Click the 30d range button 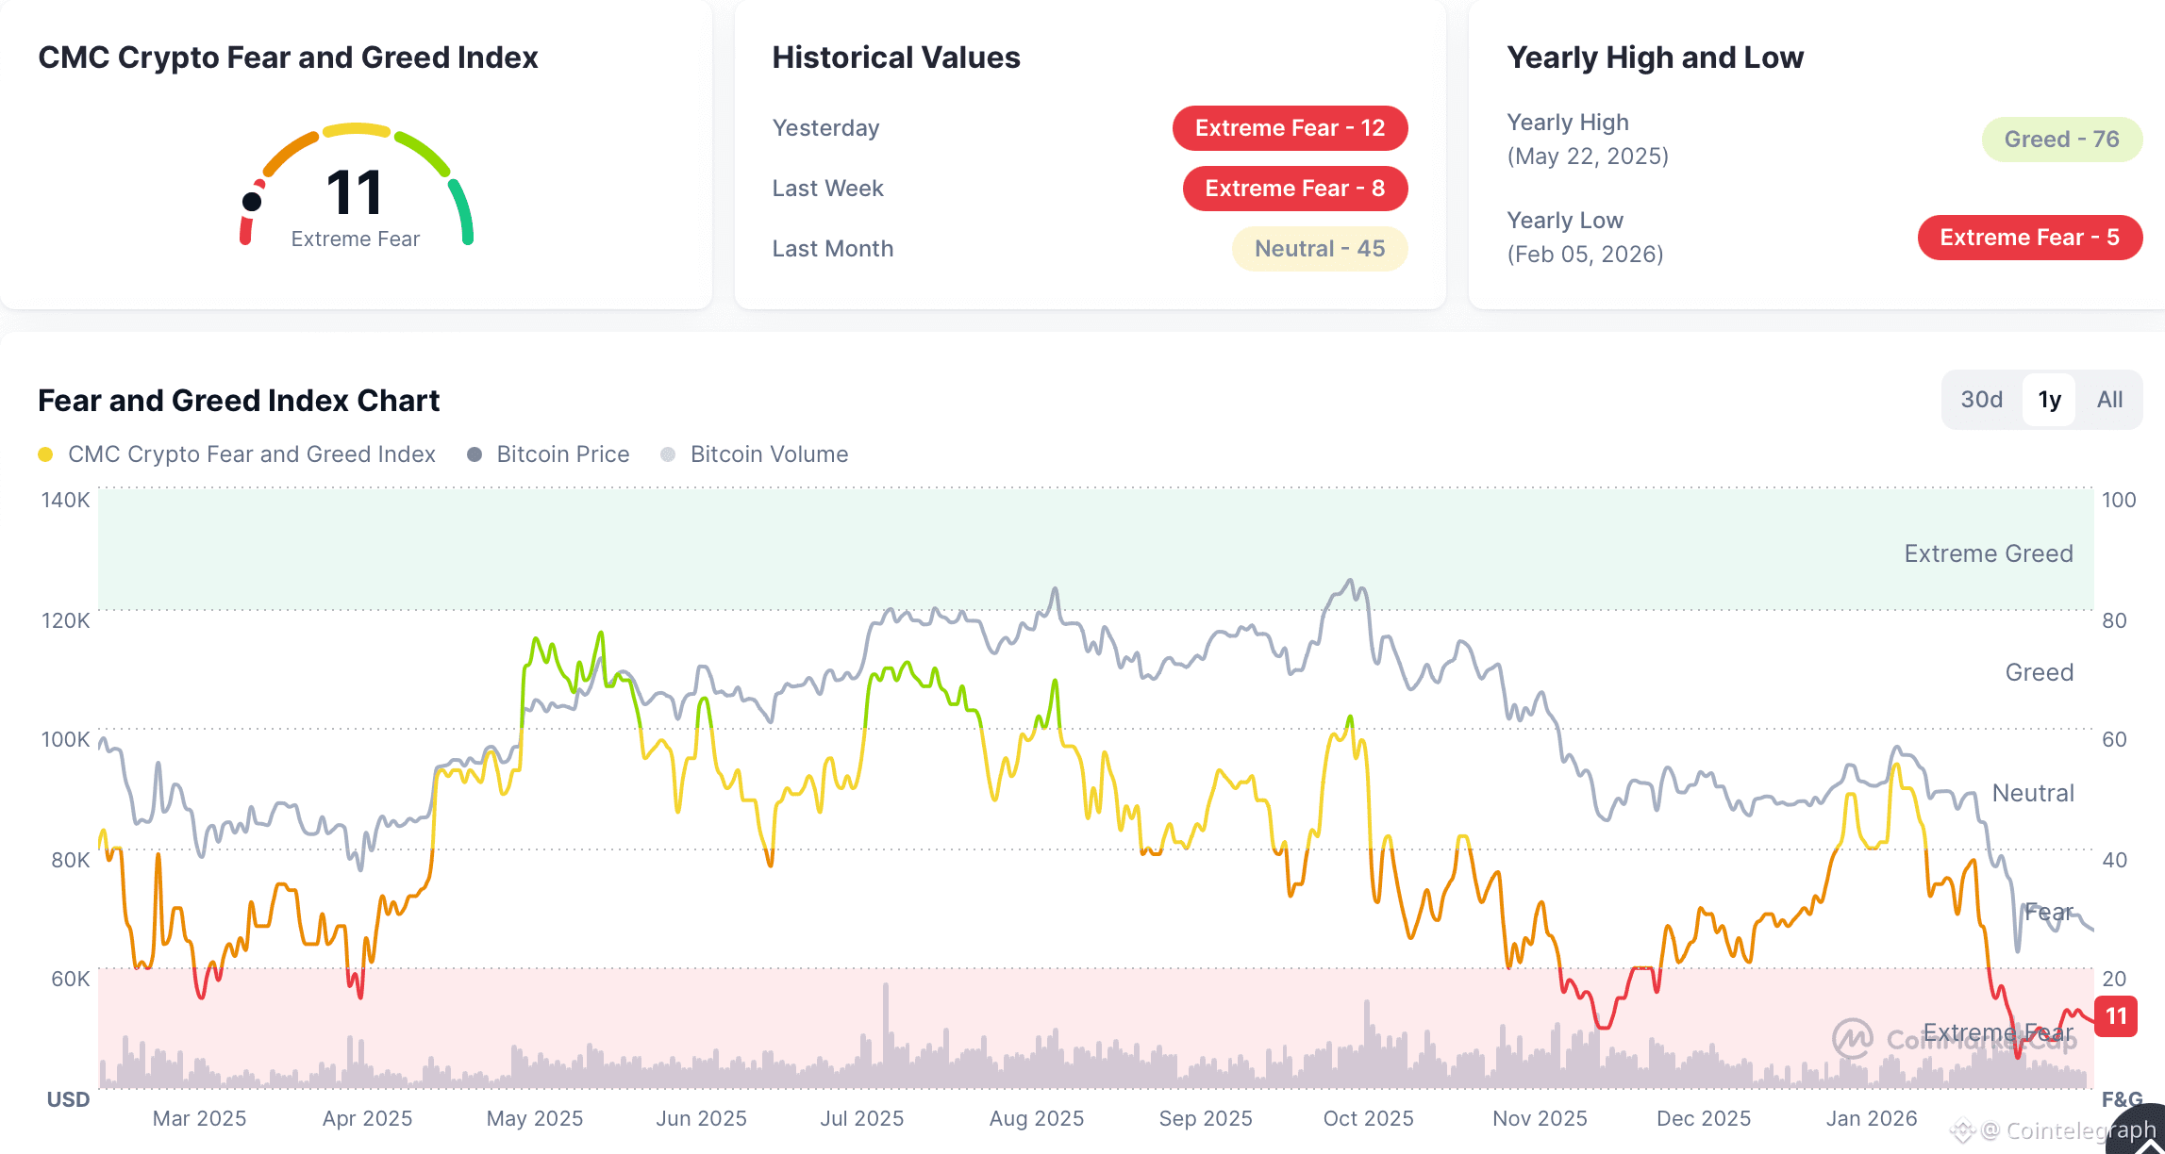pyautogui.click(x=1981, y=400)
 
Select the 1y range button pyautogui.click(x=2049, y=400)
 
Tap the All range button pyautogui.click(x=2109, y=400)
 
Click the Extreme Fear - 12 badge pyautogui.click(x=1290, y=128)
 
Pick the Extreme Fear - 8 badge pyautogui.click(x=1294, y=189)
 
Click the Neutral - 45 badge pyautogui.click(x=1319, y=249)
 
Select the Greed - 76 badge pyautogui.click(x=2061, y=140)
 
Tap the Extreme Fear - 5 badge pyautogui.click(x=2029, y=238)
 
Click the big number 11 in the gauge pyautogui.click(x=354, y=193)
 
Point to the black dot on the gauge pyautogui.click(x=252, y=201)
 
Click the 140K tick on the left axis pyautogui.click(x=65, y=500)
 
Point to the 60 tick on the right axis pyautogui.click(x=2114, y=739)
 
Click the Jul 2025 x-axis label pyautogui.click(x=861, y=1118)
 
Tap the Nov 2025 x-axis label pyautogui.click(x=1540, y=1118)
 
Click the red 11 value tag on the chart pyautogui.click(x=2116, y=1016)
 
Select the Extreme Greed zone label pyautogui.click(x=1988, y=553)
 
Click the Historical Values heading pyautogui.click(x=895, y=58)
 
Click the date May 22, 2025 pyautogui.click(x=1588, y=157)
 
